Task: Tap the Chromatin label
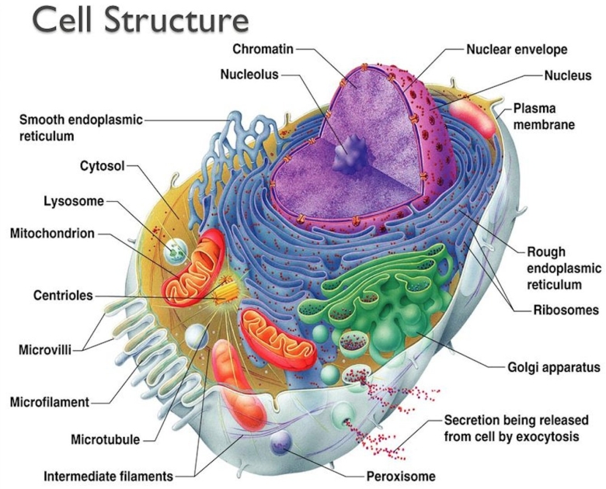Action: (x=263, y=50)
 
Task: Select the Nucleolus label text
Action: (x=249, y=75)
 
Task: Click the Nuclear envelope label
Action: (x=516, y=50)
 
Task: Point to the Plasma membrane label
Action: (x=544, y=116)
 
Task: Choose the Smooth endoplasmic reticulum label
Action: (x=81, y=128)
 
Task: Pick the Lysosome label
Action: (x=73, y=201)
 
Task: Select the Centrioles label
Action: (x=63, y=296)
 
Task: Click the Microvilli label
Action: (x=45, y=349)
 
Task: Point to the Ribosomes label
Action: (x=565, y=310)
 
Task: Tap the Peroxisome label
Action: (x=400, y=476)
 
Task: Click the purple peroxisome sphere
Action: (x=280, y=442)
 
